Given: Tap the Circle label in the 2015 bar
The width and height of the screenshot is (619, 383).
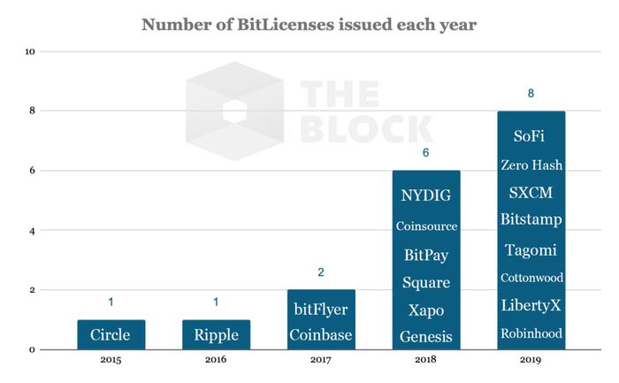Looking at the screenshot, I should click(x=111, y=336).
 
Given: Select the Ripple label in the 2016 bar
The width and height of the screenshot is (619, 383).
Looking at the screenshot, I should click(x=216, y=336).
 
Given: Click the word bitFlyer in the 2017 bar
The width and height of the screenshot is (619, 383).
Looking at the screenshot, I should click(x=320, y=310).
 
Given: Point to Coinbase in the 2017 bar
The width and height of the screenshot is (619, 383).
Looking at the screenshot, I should click(x=320, y=336).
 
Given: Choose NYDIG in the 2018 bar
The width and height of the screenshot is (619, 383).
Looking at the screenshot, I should click(x=426, y=195).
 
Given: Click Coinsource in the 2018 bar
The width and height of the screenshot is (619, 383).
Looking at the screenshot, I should click(x=426, y=226).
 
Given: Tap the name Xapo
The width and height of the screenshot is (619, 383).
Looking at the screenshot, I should click(x=426, y=310).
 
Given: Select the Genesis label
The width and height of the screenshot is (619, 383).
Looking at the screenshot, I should click(x=426, y=337).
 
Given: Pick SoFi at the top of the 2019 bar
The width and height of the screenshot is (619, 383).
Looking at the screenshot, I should click(x=531, y=136).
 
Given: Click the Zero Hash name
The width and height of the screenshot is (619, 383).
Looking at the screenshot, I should click(x=531, y=165).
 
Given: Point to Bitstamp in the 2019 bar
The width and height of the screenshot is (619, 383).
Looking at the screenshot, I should click(x=531, y=218).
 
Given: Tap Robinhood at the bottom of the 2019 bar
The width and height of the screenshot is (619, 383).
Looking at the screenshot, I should click(x=531, y=333).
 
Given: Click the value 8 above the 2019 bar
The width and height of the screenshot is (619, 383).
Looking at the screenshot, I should click(x=531, y=94).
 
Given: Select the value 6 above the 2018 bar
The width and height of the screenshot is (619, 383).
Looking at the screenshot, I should click(x=426, y=153).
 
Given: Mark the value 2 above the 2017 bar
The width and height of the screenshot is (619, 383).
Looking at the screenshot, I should click(x=320, y=272).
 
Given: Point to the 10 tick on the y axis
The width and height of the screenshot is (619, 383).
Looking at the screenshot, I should click(x=30, y=51).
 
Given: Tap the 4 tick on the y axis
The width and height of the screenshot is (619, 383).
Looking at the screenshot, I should click(x=32, y=231).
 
